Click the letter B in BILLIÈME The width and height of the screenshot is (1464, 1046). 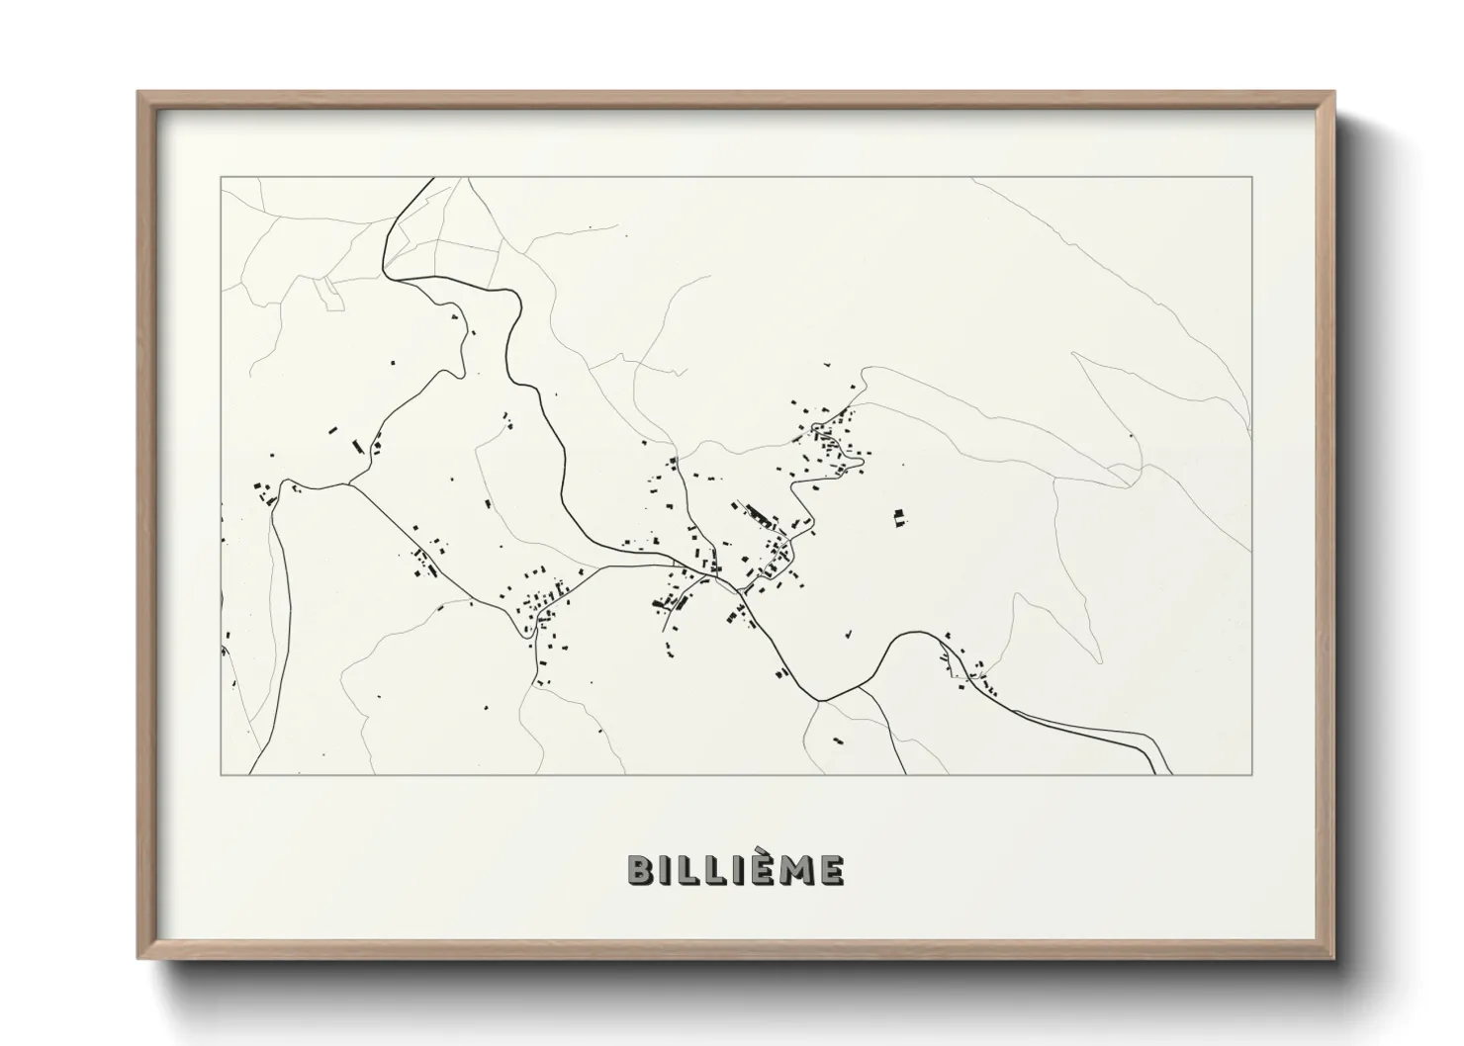pos(639,870)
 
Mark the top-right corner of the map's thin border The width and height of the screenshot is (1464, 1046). pos(1251,177)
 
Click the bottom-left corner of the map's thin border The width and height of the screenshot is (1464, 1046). pos(221,774)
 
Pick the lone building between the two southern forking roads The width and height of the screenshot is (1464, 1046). pos(838,739)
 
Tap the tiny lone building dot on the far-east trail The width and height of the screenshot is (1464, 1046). pos(1132,435)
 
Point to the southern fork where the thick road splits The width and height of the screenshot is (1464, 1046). pos(820,700)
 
